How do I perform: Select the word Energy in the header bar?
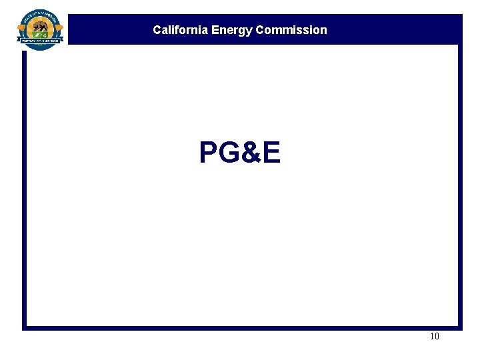[x=231, y=30]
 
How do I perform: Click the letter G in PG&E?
[x=227, y=153]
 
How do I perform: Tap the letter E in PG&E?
[x=271, y=153]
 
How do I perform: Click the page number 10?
[x=435, y=337]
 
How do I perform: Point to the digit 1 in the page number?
[x=432, y=337]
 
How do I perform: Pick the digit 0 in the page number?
[x=437, y=337]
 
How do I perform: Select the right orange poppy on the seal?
[x=59, y=29]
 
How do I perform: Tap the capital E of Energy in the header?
[x=215, y=30]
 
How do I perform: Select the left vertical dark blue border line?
[x=24, y=187]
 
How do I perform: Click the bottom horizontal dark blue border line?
[x=240, y=328]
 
